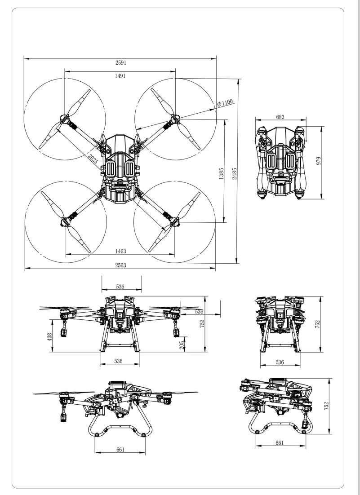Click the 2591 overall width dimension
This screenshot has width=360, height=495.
pos(120,63)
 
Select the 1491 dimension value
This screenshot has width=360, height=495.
pos(120,76)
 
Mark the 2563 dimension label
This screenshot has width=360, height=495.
pos(120,265)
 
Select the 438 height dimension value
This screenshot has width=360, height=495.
pos(50,333)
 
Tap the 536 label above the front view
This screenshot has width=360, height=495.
pos(121,286)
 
